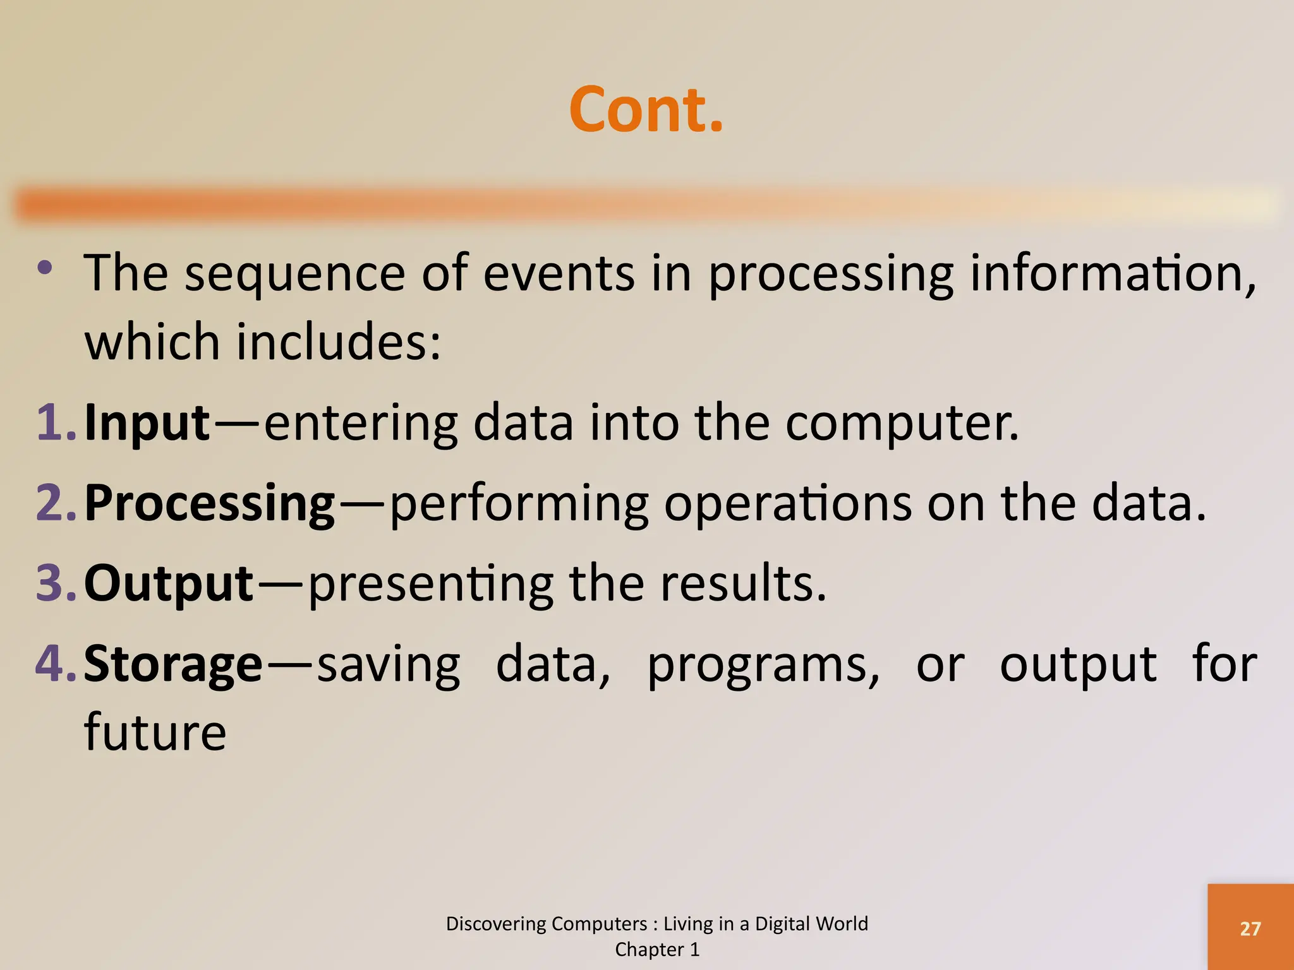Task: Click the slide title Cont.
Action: (x=646, y=111)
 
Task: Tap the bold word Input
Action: (x=147, y=423)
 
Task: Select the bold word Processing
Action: (x=209, y=504)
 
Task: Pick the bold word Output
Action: (x=169, y=584)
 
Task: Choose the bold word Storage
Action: (x=172, y=664)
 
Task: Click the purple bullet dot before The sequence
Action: (x=44, y=268)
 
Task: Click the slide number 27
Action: (x=1250, y=929)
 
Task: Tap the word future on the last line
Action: (x=155, y=733)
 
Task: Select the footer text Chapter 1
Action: (x=657, y=950)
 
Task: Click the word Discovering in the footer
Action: (x=488, y=924)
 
